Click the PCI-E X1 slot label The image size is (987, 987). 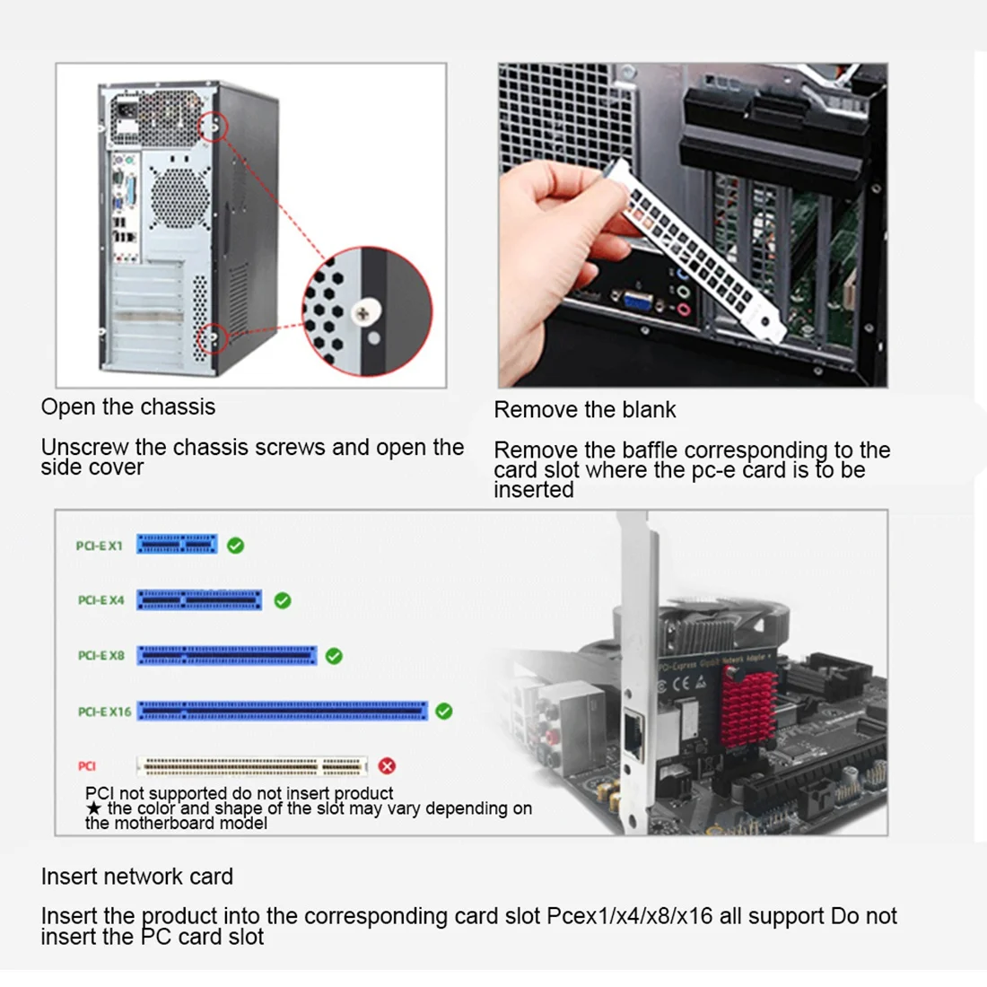pos(99,546)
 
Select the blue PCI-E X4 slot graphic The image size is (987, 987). pos(199,600)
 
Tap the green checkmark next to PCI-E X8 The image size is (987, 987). pos(334,656)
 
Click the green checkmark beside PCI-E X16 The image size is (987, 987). pos(444,712)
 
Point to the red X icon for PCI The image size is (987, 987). pos(387,765)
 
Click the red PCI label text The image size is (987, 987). pos(86,766)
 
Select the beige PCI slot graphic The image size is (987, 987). pos(252,765)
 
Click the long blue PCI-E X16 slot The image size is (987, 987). pos(282,712)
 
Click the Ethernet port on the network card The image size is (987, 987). pos(633,734)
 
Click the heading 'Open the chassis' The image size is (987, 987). pos(128,407)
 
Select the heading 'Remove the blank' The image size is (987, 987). pos(584,410)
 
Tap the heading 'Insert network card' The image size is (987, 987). pos(136,877)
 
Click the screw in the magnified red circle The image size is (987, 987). pos(366,313)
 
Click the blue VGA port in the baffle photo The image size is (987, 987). pos(639,298)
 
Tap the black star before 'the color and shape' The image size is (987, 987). pos(94,808)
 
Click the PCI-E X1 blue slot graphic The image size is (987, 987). pos(177,545)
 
